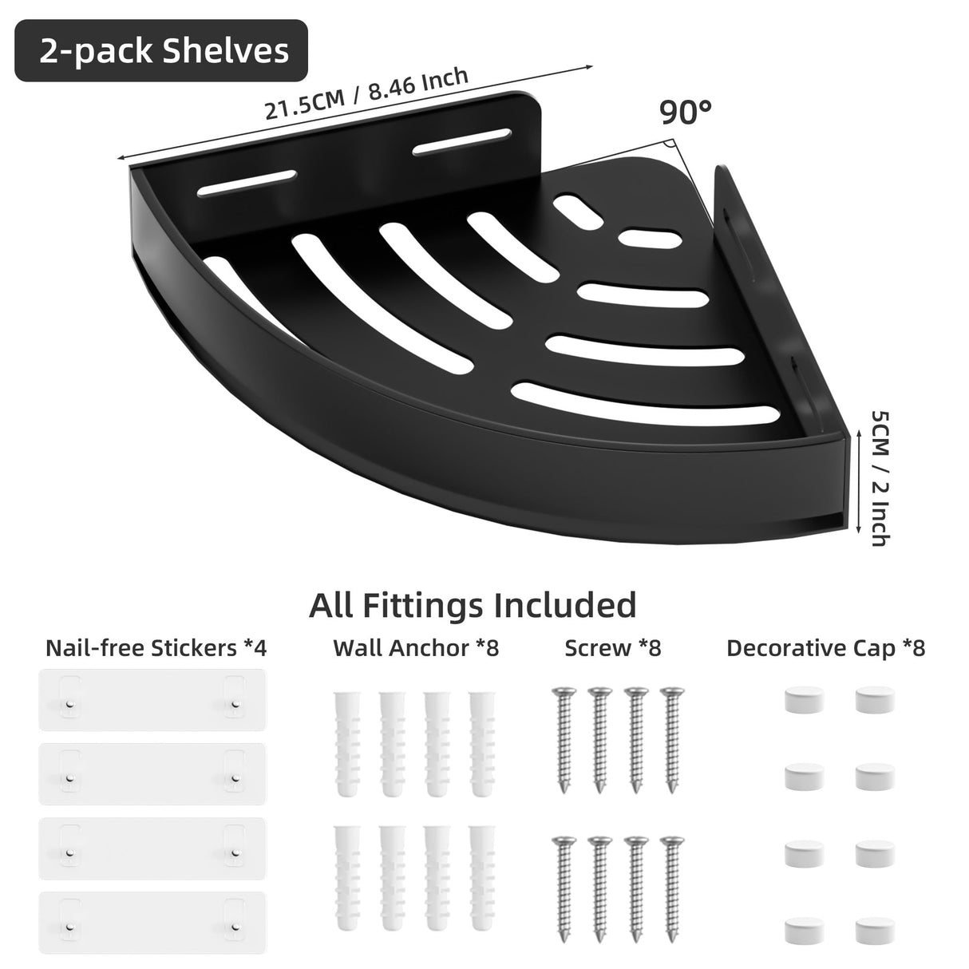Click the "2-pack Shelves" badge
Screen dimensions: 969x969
[162, 51]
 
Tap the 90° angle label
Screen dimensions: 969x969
[686, 113]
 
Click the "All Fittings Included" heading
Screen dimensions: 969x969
[473, 605]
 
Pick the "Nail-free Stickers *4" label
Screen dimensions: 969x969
[156, 647]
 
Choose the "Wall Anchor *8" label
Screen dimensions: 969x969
[415, 647]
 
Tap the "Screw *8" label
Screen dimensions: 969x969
[612, 647]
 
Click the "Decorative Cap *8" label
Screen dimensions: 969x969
[825, 647]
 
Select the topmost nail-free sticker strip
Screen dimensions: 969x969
[152, 700]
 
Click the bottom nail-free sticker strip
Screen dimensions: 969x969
[152, 920]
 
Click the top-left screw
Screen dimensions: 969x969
[564, 738]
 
